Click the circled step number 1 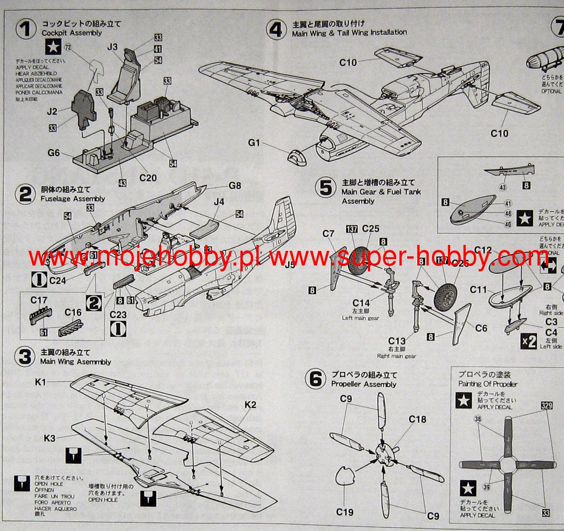tap(26, 29)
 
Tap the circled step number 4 tap(276, 29)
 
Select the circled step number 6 tap(315, 380)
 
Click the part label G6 tap(53, 153)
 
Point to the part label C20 tap(148, 178)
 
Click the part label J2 tap(52, 112)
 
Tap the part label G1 tap(254, 143)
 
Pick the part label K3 tap(49, 438)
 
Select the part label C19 tap(345, 512)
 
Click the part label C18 tap(417, 419)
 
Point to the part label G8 tap(234, 186)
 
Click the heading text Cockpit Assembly tap(72, 33)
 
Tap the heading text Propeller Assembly tap(364, 384)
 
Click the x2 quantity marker tap(529, 341)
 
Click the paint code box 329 tap(546, 405)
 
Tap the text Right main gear tap(396, 356)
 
